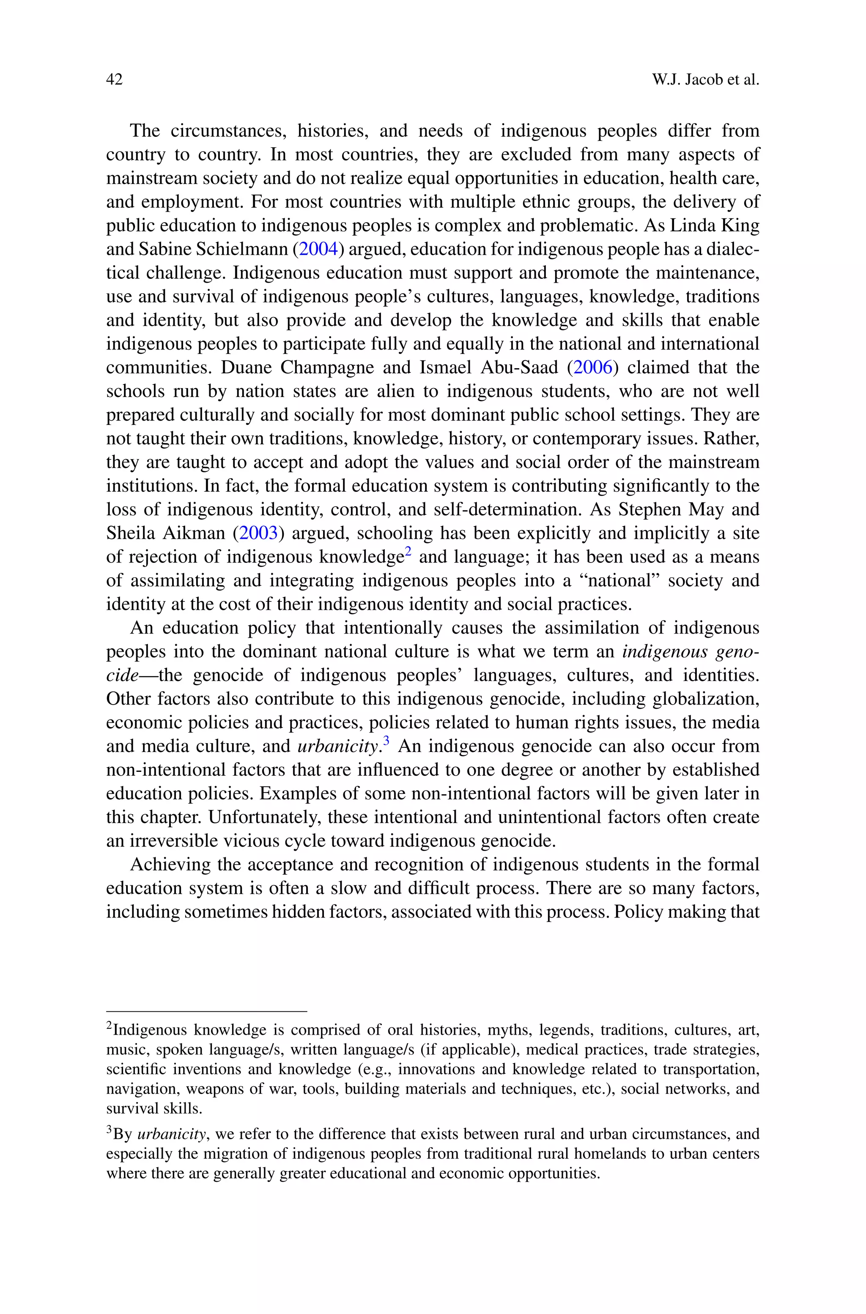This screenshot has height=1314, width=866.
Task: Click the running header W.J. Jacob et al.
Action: pos(705,80)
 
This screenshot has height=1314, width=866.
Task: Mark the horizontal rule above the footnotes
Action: pos(206,1011)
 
